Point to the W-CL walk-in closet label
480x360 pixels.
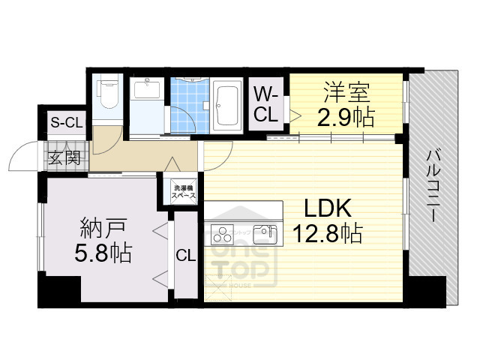[266, 105]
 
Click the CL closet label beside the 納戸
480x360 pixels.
[186, 256]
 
